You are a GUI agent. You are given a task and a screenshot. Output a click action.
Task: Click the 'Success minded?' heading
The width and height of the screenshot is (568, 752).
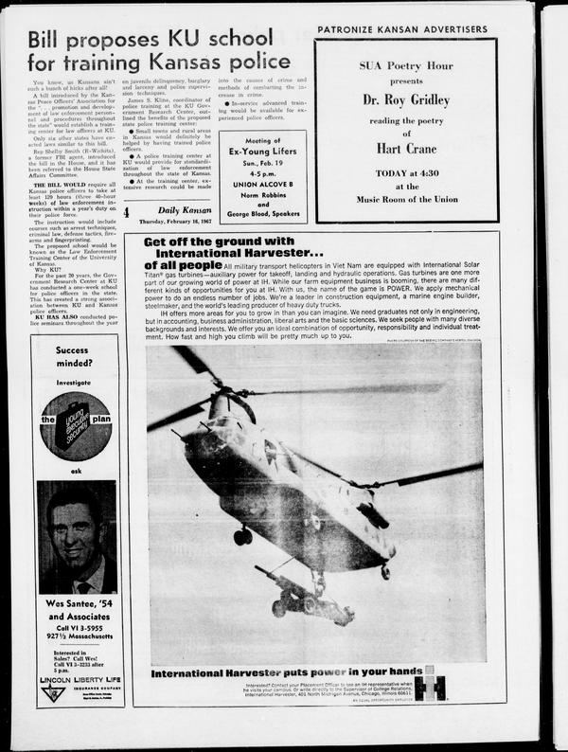pyautogui.click(x=73, y=356)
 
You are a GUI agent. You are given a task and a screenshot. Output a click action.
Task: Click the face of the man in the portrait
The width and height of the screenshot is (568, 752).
pyautogui.click(x=74, y=536)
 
